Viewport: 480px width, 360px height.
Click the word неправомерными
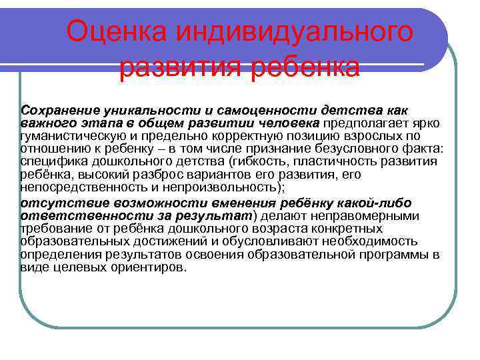coord(367,215)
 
